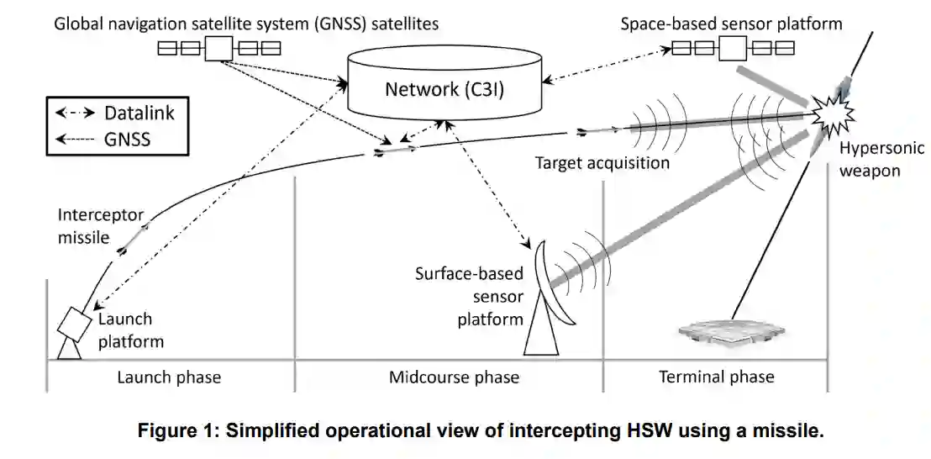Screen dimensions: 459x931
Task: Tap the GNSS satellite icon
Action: tap(219, 48)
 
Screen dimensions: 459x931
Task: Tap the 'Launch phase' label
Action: tap(169, 377)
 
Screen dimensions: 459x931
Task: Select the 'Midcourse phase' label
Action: tap(454, 377)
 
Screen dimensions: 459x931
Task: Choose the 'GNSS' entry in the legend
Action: tap(128, 139)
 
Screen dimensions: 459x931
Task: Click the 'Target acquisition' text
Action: tap(602, 162)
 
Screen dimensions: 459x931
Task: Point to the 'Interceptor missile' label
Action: tap(88, 225)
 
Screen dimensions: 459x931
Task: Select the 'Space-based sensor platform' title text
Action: tap(731, 24)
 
